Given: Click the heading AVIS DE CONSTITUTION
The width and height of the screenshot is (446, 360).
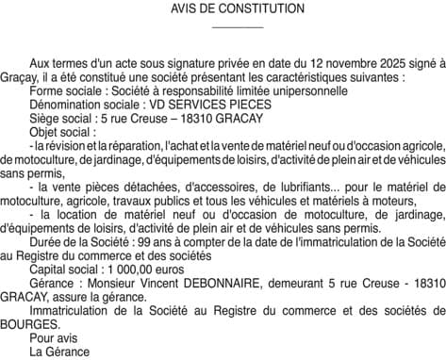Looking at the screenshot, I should (x=223, y=8).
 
